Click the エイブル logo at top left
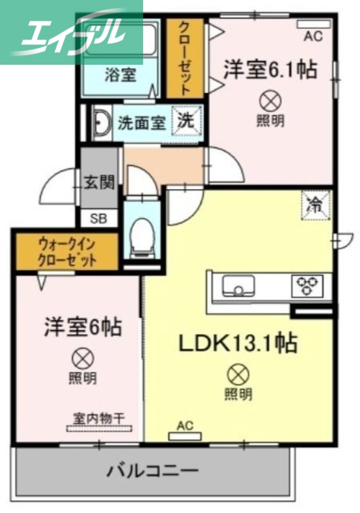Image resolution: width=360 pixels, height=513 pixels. pyautogui.click(x=71, y=31)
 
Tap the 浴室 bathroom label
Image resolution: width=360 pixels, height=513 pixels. pyautogui.click(x=120, y=74)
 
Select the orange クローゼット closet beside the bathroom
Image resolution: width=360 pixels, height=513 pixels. pyautogui.click(x=184, y=58)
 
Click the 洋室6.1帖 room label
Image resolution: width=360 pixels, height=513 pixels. pyautogui.click(x=270, y=69)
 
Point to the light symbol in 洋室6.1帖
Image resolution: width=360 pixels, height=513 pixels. pyautogui.click(x=270, y=100)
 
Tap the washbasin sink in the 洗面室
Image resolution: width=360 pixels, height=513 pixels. pyautogui.click(x=102, y=122)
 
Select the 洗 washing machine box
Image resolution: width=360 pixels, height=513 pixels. pyautogui.click(x=188, y=120)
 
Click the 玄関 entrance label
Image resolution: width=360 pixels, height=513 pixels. pyautogui.click(x=99, y=181)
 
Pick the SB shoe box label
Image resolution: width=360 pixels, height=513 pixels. pyautogui.click(x=99, y=218)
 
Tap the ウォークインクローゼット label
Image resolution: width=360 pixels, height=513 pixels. pyautogui.click(x=67, y=252)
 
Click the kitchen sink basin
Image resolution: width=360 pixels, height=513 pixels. pyautogui.click(x=238, y=285)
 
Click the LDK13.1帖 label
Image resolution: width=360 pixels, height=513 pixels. pyautogui.click(x=237, y=344)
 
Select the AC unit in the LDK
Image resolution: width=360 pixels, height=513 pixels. pyautogui.click(x=185, y=436)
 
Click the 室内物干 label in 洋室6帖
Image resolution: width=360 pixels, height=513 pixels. pyautogui.click(x=99, y=418)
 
